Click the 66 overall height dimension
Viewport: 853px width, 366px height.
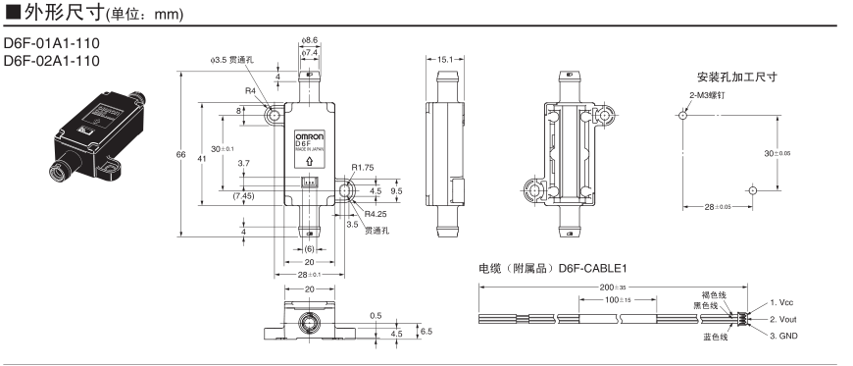[181, 154]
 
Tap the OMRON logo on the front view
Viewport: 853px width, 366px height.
[309, 135]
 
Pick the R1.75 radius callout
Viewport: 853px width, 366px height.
[364, 168]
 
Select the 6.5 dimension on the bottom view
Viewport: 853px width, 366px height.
[425, 332]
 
